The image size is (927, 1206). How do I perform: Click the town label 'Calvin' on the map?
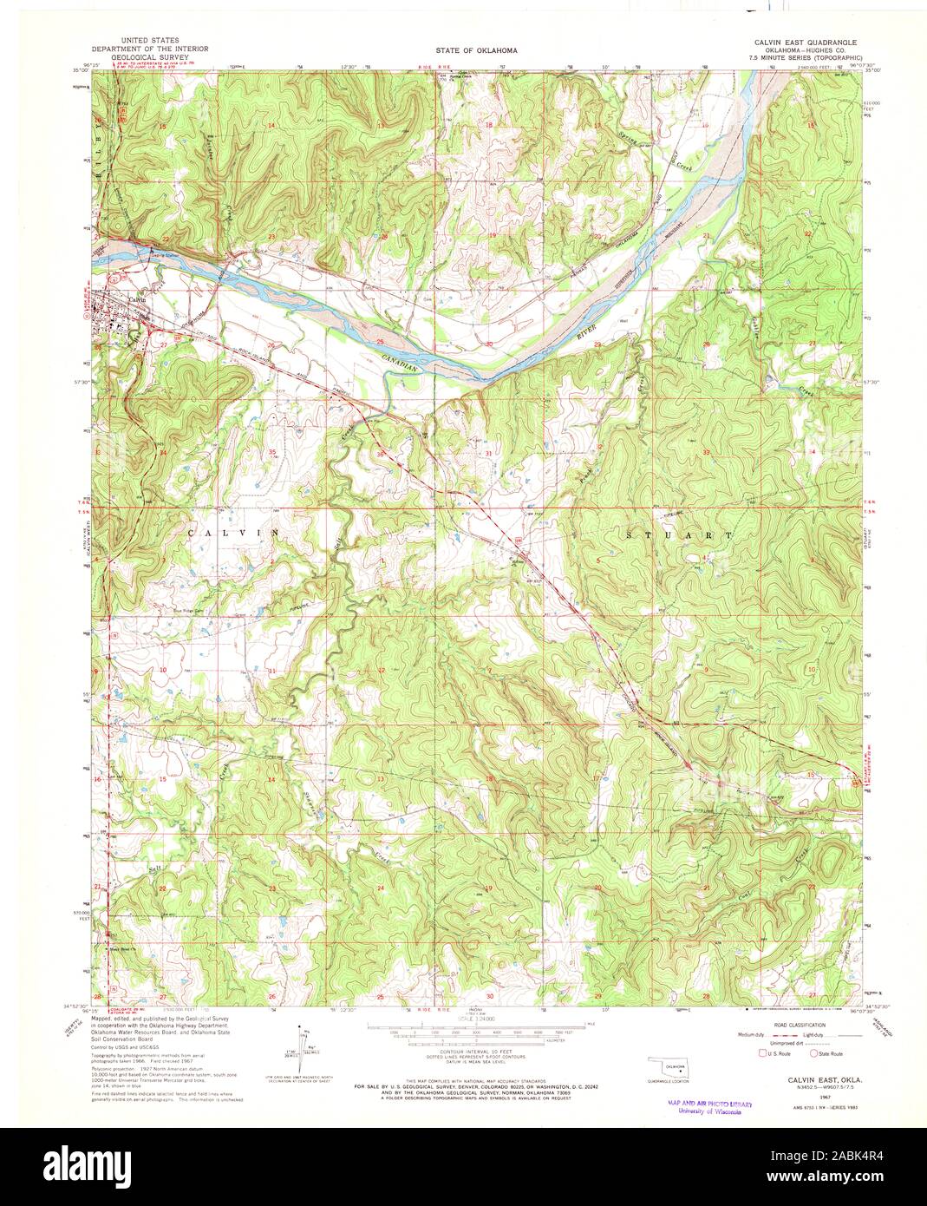point(136,300)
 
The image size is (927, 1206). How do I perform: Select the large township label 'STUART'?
point(679,536)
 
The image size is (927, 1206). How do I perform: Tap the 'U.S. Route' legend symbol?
point(763,1053)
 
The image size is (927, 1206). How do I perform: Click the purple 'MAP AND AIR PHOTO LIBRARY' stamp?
point(708,1106)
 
